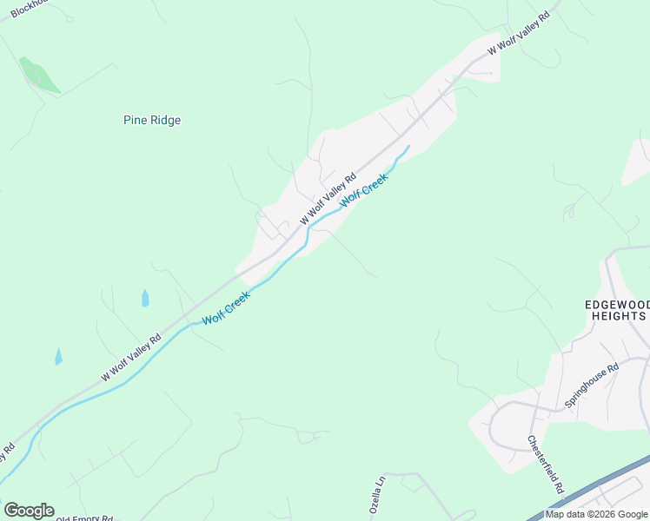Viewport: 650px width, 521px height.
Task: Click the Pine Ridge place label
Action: tap(152, 121)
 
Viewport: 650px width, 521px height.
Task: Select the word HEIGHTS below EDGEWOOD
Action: tap(617, 316)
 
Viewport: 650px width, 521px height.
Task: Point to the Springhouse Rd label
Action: tap(591, 385)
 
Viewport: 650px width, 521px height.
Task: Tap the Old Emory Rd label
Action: tap(84, 518)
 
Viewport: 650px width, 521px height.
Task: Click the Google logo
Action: tap(29, 511)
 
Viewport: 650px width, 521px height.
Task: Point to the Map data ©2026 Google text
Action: tap(595, 514)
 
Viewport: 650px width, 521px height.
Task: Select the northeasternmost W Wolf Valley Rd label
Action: tap(519, 35)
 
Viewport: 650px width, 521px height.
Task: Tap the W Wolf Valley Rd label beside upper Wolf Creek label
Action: tap(328, 199)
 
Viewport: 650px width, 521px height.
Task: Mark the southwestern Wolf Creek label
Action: tap(226, 308)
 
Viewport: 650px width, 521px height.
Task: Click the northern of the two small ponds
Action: tap(145, 299)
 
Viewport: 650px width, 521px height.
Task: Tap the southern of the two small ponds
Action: tap(58, 356)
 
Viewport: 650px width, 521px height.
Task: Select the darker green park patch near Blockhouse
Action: tap(40, 76)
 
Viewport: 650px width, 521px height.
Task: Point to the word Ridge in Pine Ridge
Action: tap(166, 121)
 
